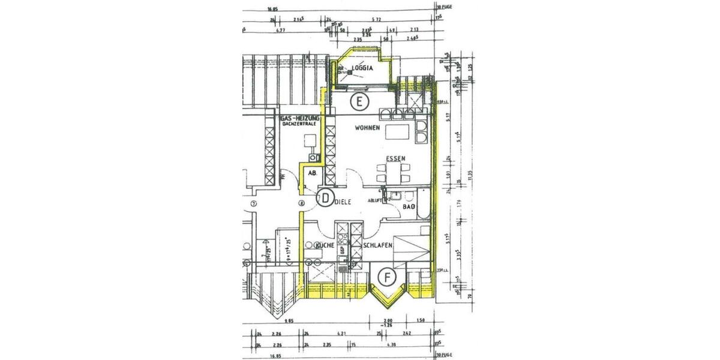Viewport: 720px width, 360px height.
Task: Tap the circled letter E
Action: pyautogui.click(x=359, y=101)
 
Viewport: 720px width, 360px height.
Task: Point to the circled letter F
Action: pyautogui.click(x=388, y=278)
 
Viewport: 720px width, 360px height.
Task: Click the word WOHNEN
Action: pyautogui.click(x=367, y=128)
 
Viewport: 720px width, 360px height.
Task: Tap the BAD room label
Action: pyautogui.click(x=409, y=206)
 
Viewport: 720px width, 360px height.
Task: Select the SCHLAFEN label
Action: pyautogui.click(x=377, y=246)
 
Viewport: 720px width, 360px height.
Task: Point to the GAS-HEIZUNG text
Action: pyautogui.click(x=299, y=119)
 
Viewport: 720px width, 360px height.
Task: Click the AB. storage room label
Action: pyautogui.click(x=312, y=173)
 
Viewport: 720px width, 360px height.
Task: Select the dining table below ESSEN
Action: pyautogui.click(x=393, y=174)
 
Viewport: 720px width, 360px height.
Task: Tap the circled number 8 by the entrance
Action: pyautogui.click(x=302, y=204)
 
